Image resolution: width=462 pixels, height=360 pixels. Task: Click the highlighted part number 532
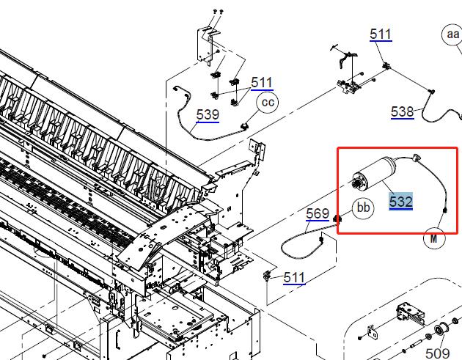coord(400,202)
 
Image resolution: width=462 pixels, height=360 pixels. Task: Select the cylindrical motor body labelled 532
coord(375,174)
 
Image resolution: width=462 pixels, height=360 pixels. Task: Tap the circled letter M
coord(434,238)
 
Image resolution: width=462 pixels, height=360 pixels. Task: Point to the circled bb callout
coord(363,208)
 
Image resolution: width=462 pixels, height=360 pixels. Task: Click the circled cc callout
coord(268,102)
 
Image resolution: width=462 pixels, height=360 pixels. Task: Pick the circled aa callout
coord(452,34)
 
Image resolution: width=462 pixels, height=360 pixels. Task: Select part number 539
coord(208,115)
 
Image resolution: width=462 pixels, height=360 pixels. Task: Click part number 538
coord(403,112)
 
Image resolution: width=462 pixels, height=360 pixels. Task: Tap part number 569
coord(318,213)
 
